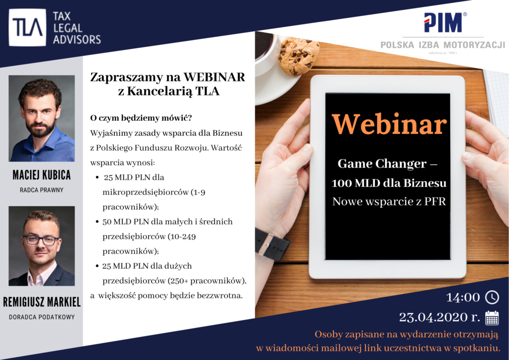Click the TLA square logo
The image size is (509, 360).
coord(27,27)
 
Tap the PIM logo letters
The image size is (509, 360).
coord(443,22)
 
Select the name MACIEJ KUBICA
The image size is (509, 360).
coord(42,175)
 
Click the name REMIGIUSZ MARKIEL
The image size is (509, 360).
coord(42,302)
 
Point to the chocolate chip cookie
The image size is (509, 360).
coord(298,56)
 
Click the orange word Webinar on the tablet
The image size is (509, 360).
coord(389,124)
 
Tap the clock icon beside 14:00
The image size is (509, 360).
coord(492,297)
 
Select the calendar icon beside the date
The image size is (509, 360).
coord(492,318)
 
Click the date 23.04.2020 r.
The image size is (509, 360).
coord(439,317)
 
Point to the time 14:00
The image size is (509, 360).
coord(463,297)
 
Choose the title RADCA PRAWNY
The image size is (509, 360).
coord(42,190)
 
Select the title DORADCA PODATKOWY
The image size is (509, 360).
coord(42,317)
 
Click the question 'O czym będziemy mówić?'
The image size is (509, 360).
coord(141,118)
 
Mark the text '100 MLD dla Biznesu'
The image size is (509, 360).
coord(389,183)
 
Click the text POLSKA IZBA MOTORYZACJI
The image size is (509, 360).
coord(443,45)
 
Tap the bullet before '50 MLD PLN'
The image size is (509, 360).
coord(97,222)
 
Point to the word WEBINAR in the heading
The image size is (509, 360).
coord(214,77)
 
